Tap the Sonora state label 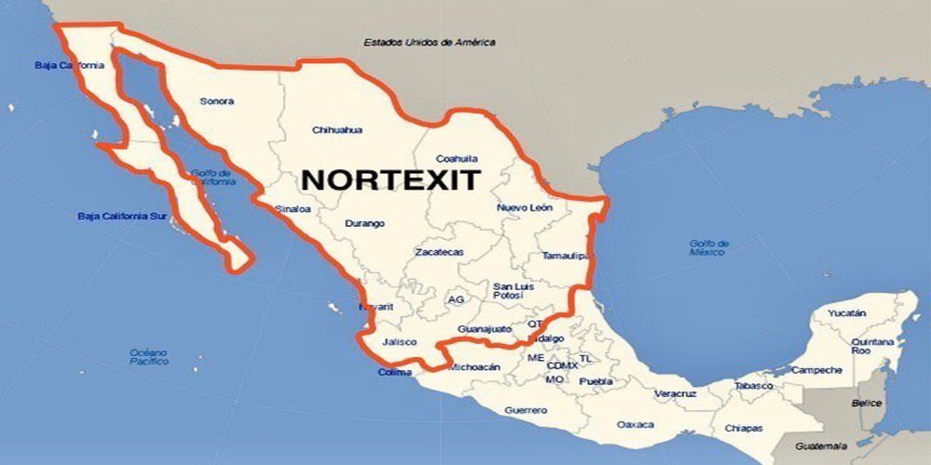[217, 101]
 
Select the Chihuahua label [337, 130]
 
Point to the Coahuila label [456, 158]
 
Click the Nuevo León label [524, 207]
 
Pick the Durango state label [364, 223]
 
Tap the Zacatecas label [439, 252]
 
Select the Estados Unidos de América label [429, 42]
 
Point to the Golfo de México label [709, 248]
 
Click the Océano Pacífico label [149, 356]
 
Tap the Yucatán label [846, 313]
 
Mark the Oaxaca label [635, 424]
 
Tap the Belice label [866, 403]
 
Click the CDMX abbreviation [562, 365]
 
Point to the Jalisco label [399, 341]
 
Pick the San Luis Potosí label [514, 290]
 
